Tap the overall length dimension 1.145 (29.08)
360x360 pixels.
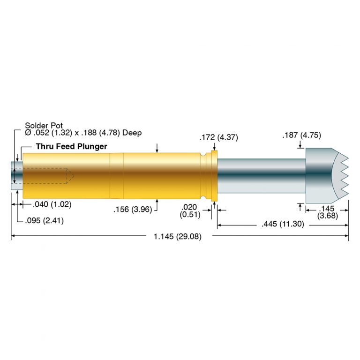tap(177, 237)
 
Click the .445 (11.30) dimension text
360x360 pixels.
tap(283, 225)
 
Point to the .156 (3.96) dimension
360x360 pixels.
tap(133, 210)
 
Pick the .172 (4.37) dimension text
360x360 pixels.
tap(218, 137)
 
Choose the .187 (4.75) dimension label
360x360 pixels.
tap(301, 135)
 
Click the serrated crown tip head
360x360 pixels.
tap(325, 172)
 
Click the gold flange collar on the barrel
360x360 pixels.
tap(215, 176)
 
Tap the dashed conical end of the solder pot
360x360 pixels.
tap(70, 176)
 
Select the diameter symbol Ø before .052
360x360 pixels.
tap(28, 133)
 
